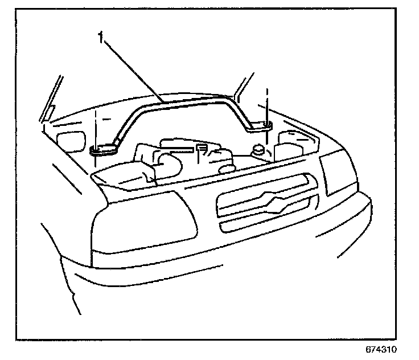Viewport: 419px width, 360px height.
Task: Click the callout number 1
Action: pos(101,38)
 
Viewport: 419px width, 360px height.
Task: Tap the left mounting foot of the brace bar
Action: pos(103,150)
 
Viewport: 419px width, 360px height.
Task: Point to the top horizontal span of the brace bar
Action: pos(188,101)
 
